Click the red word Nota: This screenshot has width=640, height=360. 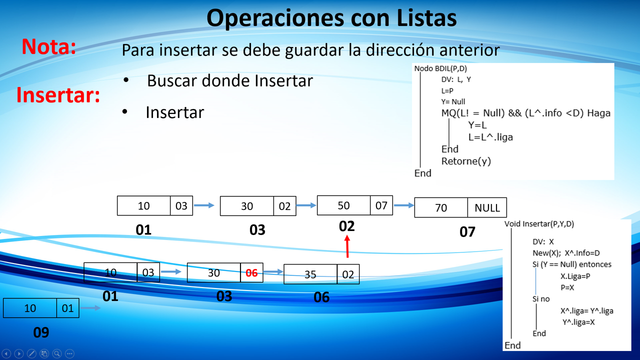click(49, 46)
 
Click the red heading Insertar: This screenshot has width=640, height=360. click(58, 95)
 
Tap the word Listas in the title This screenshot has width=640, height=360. click(426, 17)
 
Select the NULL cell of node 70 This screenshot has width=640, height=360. click(487, 207)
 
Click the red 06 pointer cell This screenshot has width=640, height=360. click(251, 273)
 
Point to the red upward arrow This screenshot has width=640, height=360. click(347, 246)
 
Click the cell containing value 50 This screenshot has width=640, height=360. click(343, 205)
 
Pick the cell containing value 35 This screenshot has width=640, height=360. click(310, 274)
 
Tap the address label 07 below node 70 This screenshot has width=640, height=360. click(467, 231)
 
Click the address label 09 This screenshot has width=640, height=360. click(41, 332)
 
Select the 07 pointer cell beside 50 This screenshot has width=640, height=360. click(381, 205)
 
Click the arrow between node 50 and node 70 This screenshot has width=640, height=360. click(404, 205)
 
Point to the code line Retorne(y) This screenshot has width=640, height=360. click(466, 161)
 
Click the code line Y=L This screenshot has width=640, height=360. click(477, 125)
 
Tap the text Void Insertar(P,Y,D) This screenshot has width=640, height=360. click(539, 223)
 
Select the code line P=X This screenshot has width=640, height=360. click(567, 287)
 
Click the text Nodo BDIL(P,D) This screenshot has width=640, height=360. click(440, 68)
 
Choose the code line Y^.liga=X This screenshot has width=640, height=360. click(578, 322)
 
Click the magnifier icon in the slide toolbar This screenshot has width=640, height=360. click(57, 353)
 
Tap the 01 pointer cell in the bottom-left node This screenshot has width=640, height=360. click(67, 308)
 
